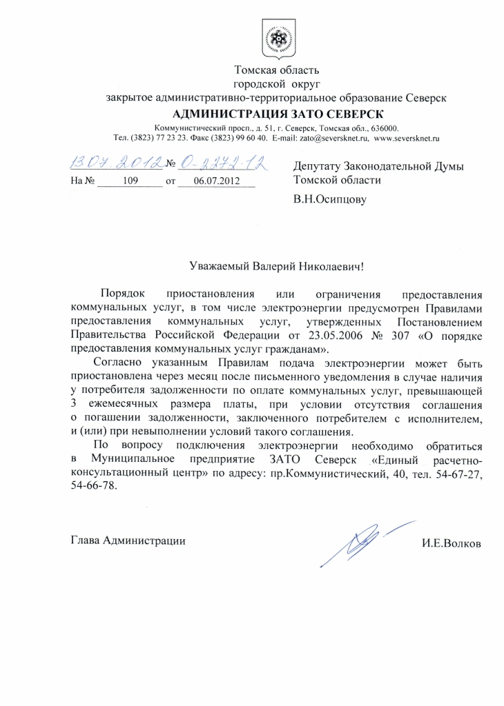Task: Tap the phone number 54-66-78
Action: (x=94, y=486)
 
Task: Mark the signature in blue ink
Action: (x=367, y=541)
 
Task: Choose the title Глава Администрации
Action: (x=128, y=541)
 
